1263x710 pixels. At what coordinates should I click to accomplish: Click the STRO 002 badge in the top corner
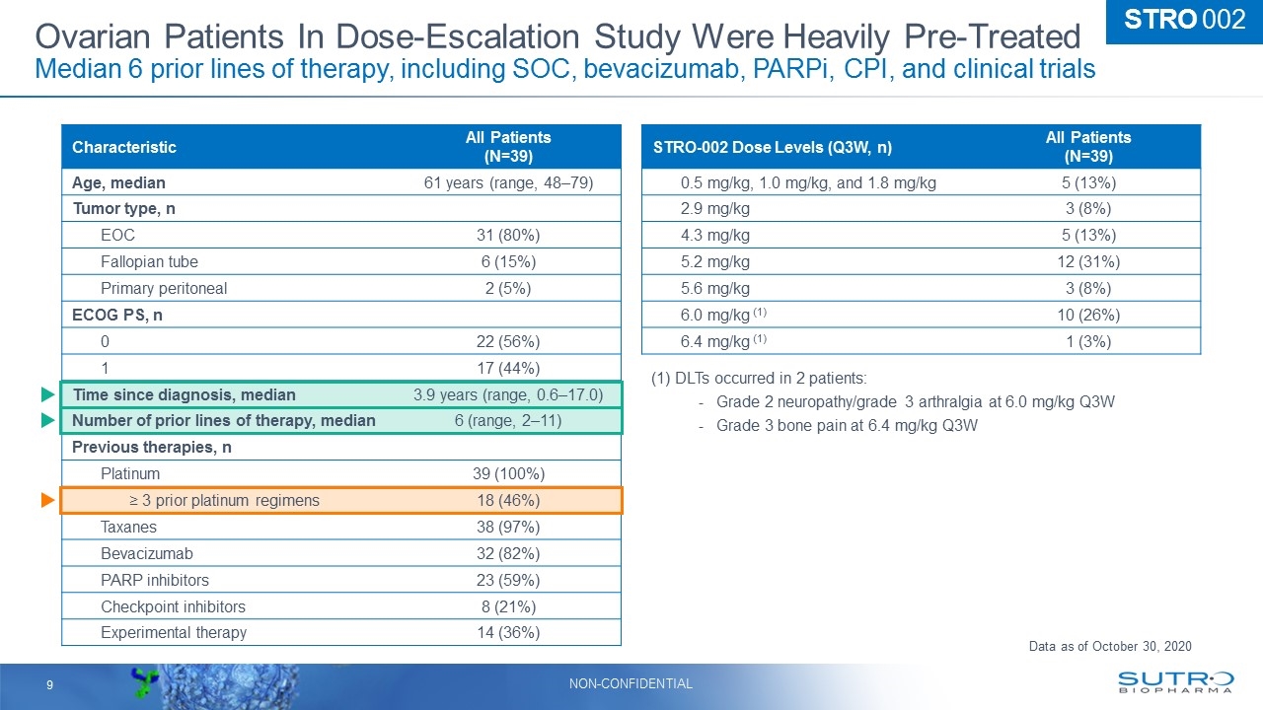[1183, 21]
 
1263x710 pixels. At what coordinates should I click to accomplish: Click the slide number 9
[47, 683]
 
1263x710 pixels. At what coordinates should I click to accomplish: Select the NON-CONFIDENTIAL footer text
[631, 683]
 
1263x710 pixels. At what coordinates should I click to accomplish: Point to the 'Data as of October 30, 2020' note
[1109, 646]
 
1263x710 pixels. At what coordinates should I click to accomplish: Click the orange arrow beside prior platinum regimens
[46, 501]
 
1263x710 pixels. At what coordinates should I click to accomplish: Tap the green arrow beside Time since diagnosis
[46, 394]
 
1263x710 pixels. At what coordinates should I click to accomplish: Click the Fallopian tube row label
[149, 261]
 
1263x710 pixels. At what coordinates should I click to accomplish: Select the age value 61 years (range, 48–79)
[508, 182]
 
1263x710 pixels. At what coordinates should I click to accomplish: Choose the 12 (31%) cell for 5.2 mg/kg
[1088, 261]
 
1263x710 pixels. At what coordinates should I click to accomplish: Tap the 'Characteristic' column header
[124, 147]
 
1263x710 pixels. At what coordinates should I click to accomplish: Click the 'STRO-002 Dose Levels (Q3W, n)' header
[773, 147]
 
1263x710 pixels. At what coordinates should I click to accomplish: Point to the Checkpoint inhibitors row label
[173, 606]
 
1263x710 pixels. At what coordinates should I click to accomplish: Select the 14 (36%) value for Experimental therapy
[508, 632]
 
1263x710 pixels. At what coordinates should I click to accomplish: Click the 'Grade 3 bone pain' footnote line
[846, 425]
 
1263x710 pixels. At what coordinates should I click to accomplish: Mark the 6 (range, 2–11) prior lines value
[508, 420]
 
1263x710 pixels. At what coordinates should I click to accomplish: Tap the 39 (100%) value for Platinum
[508, 473]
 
